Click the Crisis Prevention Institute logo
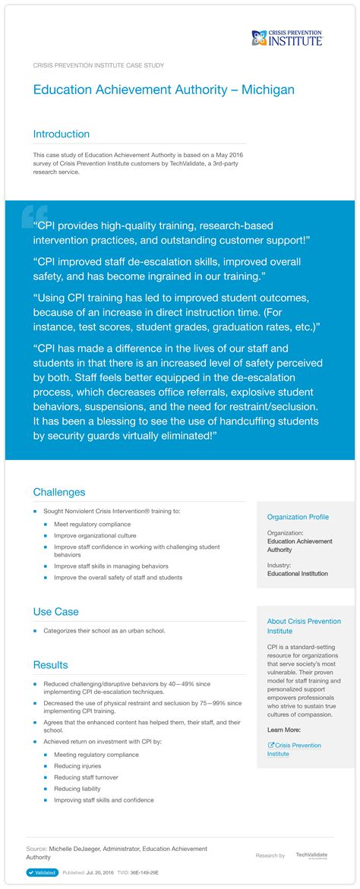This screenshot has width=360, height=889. (287, 38)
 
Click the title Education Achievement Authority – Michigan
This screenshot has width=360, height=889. (163, 90)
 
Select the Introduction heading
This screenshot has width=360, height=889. (61, 134)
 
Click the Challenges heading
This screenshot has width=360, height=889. (58, 492)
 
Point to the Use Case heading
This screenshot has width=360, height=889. (55, 611)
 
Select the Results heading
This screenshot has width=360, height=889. (50, 665)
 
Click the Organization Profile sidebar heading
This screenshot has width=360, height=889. (298, 517)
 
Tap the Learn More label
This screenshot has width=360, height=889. (284, 730)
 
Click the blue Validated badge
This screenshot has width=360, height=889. (42, 873)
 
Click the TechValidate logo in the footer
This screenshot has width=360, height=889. (311, 855)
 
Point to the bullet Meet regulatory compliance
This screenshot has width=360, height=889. (92, 524)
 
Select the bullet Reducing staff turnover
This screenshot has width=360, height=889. (86, 777)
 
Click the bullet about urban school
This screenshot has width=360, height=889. (104, 631)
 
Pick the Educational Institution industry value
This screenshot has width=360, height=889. (298, 573)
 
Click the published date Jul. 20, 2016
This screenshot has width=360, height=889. (99, 873)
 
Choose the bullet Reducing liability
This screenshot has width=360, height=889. (78, 789)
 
